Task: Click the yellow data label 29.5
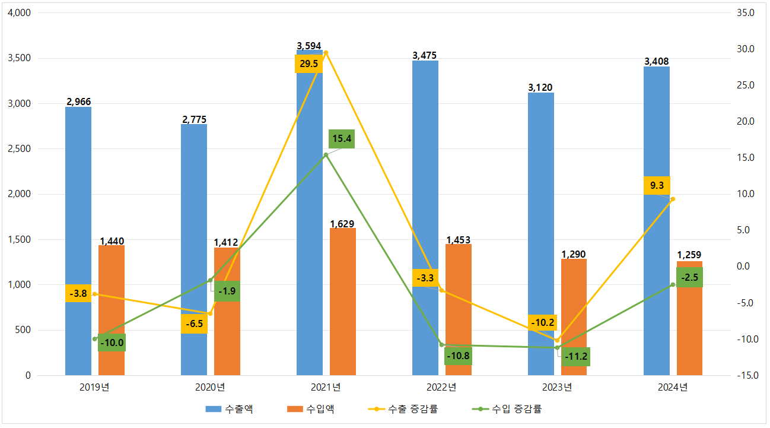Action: tap(308, 64)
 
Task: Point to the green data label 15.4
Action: tap(342, 139)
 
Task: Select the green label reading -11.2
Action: tap(576, 357)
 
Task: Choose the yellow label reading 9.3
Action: tap(657, 185)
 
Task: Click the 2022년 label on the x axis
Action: tap(441, 388)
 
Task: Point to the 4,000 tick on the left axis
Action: tap(21, 13)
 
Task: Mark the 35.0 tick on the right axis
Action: tap(745, 13)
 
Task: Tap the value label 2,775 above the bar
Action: tap(194, 119)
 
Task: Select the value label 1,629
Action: tap(342, 224)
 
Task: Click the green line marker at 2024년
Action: tap(673, 285)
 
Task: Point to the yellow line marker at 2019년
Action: tap(95, 294)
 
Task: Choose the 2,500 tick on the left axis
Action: tap(21, 149)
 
